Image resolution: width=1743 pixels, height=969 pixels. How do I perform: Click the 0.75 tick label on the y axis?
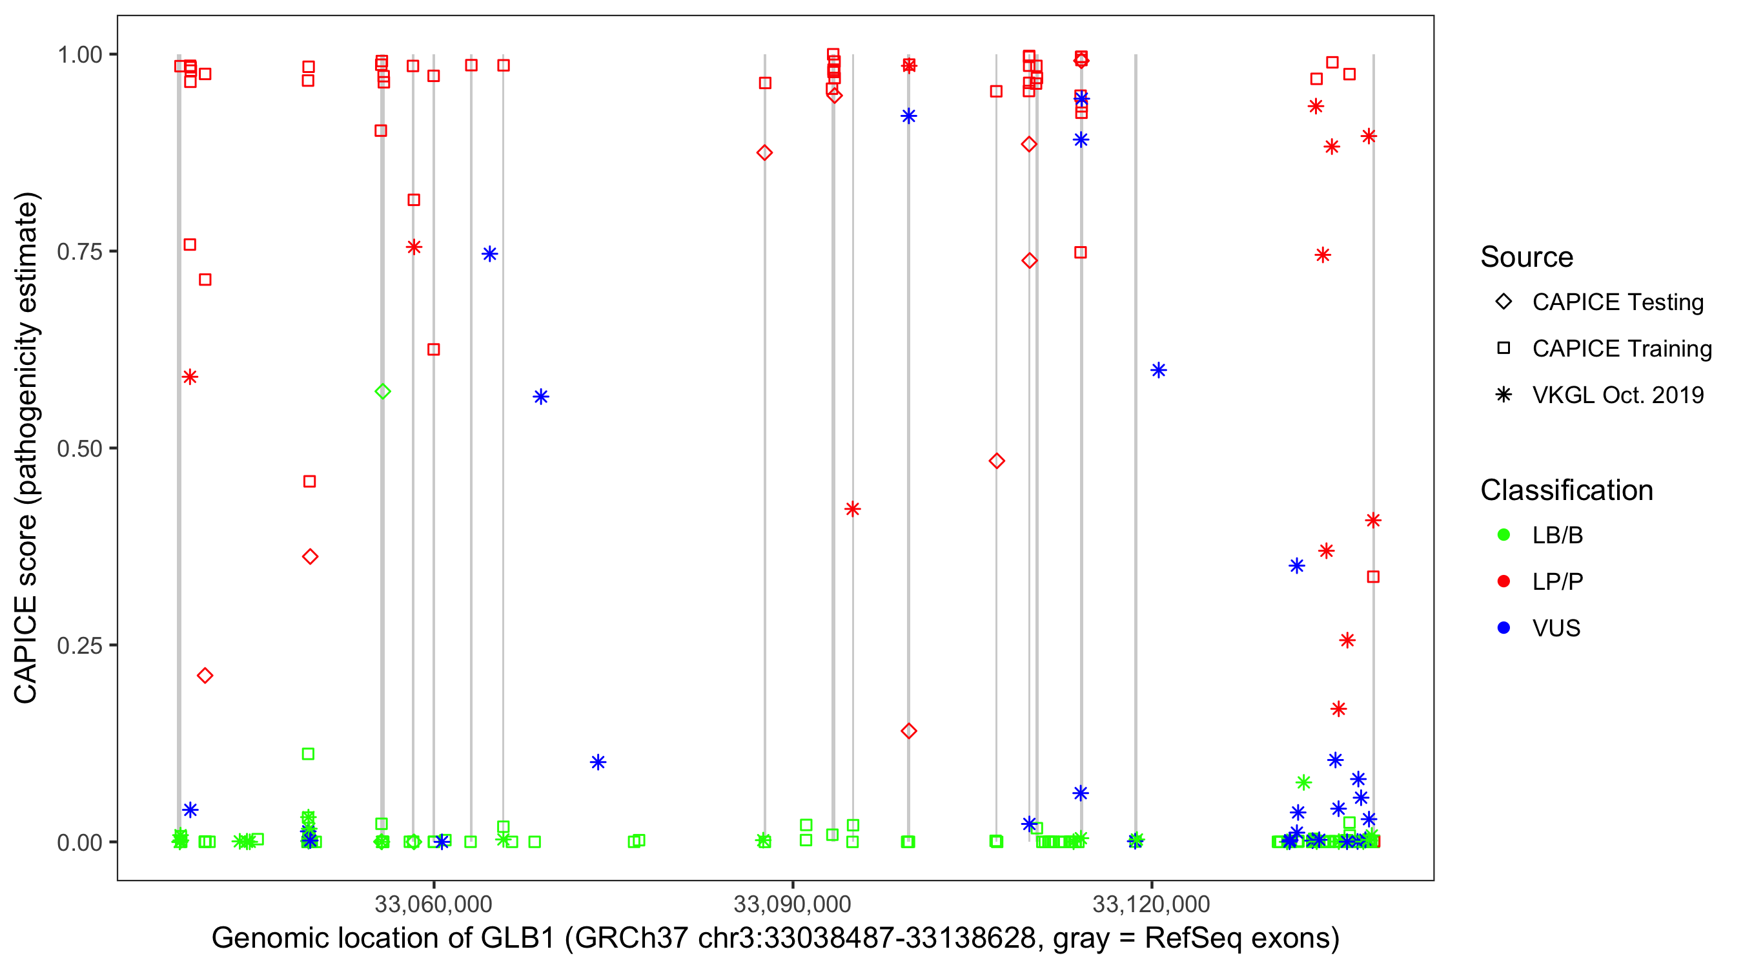point(79,252)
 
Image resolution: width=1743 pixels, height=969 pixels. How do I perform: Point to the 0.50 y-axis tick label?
point(79,448)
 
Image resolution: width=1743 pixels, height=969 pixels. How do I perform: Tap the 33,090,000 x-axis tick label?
point(792,904)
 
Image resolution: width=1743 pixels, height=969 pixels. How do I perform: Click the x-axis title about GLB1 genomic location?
point(775,939)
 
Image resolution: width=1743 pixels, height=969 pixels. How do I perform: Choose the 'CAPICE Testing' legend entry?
point(1617,302)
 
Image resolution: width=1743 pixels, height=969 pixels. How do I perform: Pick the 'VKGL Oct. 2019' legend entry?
point(1617,395)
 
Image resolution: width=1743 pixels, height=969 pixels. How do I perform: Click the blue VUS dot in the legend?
point(1503,628)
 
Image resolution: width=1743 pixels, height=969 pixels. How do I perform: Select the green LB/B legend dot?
point(1503,535)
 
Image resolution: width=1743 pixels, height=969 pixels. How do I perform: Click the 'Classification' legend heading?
point(1566,490)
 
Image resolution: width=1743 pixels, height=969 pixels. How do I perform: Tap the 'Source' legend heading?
point(1527,257)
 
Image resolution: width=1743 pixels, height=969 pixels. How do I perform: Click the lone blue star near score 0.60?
point(1158,370)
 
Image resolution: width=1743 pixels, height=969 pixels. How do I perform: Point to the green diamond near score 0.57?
point(383,391)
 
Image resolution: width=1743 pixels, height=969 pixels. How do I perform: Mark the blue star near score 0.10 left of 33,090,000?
point(598,762)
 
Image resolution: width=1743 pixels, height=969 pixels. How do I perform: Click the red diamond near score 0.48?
point(996,461)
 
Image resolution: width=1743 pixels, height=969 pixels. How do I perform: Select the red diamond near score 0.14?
point(909,731)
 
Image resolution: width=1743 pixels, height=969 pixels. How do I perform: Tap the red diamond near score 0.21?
point(205,675)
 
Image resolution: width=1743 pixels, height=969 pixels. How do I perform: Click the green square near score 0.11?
point(308,754)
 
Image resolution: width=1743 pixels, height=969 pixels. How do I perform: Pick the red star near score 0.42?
point(853,508)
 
